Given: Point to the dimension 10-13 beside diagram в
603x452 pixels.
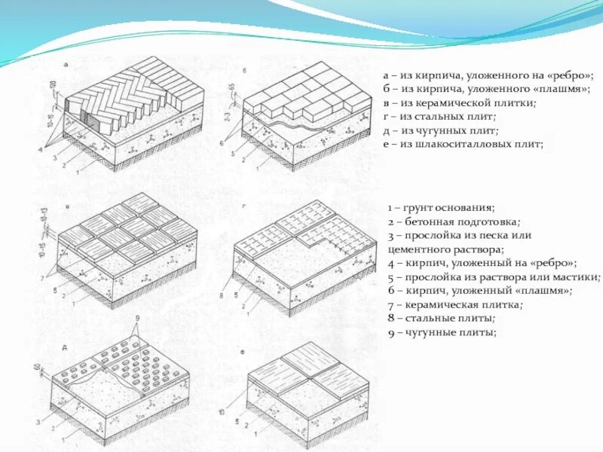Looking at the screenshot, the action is pyautogui.click(x=54, y=216).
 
